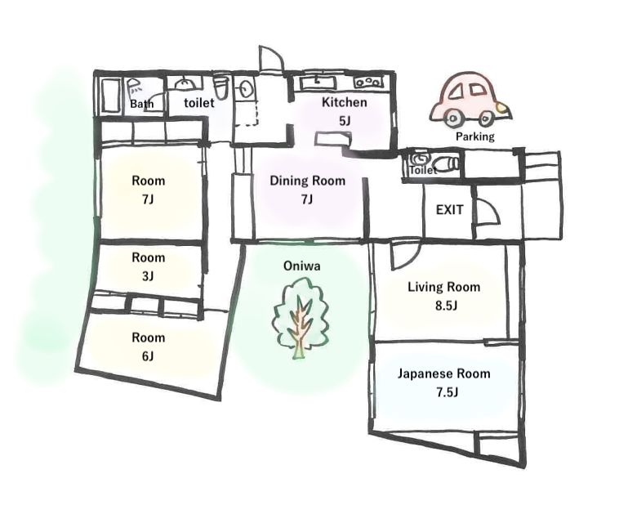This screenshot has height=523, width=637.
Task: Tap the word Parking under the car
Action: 475,136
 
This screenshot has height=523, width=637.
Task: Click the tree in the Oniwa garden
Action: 301,318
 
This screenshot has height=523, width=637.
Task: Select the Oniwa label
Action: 302,266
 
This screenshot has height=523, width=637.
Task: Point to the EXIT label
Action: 449,210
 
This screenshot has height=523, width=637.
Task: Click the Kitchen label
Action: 344,102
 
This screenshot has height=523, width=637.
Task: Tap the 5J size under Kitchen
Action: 344,121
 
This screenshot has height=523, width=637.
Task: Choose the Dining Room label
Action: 308,181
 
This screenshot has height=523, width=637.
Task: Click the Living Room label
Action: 444,288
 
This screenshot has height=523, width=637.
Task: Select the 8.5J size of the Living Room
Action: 446,306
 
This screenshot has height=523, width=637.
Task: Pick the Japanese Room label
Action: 444,373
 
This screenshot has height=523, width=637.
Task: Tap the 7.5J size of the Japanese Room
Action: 448,392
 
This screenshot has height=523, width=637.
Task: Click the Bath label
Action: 142,104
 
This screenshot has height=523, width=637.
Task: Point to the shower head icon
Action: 134,86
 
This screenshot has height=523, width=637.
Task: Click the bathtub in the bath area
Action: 110,96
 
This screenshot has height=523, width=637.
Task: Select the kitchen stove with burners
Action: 368,83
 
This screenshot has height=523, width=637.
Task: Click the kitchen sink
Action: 318,83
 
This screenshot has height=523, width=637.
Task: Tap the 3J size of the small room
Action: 149,276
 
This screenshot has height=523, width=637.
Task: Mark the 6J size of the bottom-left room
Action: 149,356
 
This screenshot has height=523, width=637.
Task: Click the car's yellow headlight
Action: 502,108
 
